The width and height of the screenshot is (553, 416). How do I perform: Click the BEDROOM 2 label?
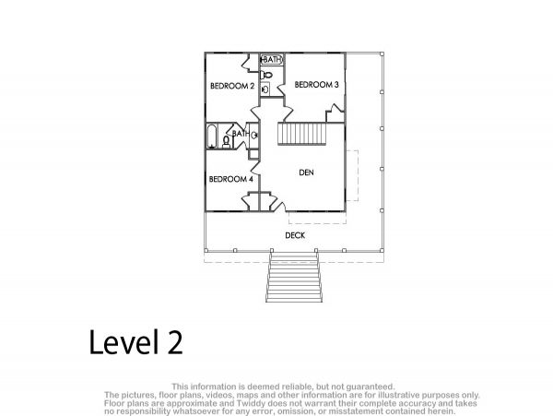[232, 86]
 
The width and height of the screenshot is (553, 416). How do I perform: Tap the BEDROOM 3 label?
[316, 85]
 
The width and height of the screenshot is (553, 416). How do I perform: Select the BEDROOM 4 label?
[231, 179]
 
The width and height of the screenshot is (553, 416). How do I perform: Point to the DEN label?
[306, 172]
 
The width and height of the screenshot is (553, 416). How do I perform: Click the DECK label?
[295, 235]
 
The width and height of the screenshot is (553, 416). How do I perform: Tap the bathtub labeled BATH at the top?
[272, 60]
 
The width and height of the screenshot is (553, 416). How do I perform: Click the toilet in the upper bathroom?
[266, 75]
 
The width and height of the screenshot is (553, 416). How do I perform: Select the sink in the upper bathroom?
[265, 89]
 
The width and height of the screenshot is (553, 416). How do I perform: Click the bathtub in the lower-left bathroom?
[212, 137]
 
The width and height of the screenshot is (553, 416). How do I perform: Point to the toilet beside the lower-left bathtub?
[227, 142]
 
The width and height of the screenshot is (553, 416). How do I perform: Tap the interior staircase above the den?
[300, 134]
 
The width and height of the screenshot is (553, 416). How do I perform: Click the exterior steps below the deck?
[294, 277]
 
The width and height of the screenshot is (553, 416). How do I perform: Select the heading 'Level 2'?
[135, 342]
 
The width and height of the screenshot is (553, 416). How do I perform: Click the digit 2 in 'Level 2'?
[175, 342]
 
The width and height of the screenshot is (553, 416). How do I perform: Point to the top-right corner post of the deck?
[382, 54]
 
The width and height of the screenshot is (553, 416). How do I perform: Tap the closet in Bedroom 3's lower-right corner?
[335, 113]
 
